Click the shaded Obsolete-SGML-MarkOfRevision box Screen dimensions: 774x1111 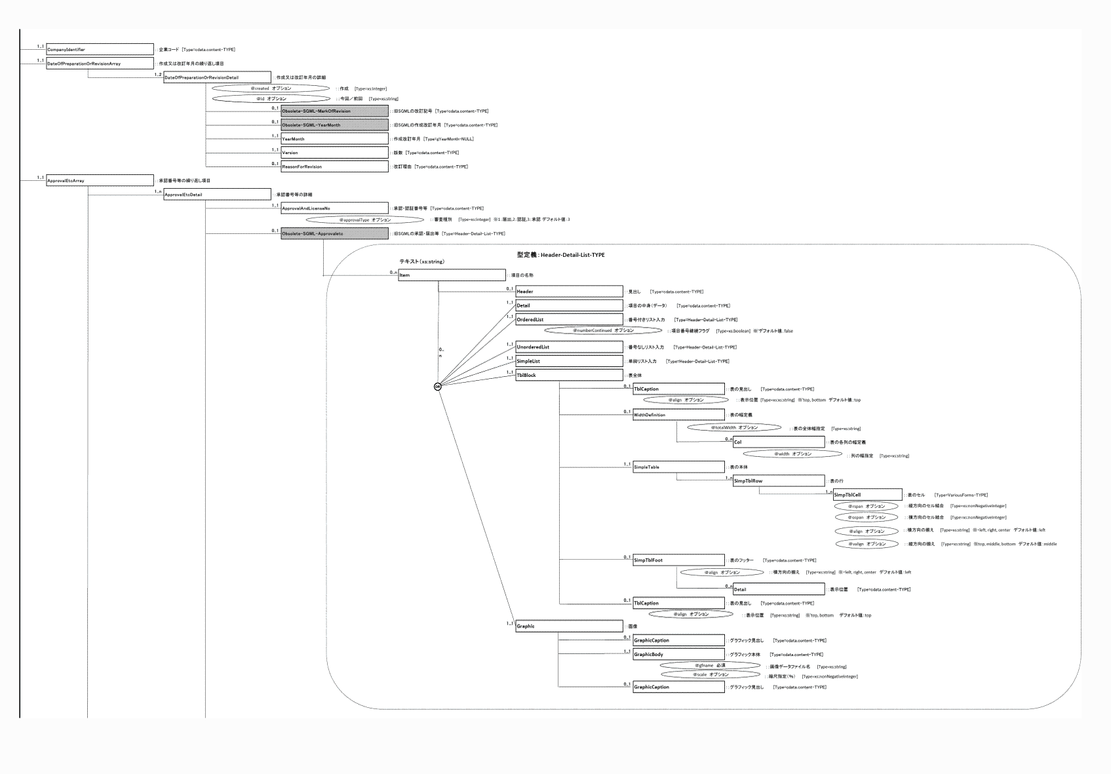point(334,111)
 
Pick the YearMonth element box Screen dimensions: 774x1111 point(334,139)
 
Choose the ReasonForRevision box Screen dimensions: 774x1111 point(334,166)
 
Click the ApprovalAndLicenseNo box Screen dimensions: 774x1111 point(334,208)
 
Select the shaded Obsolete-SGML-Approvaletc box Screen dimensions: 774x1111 point(334,233)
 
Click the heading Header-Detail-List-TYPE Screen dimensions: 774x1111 point(561,254)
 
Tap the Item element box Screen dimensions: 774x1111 point(452,275)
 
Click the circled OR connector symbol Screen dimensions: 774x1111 point(438,387)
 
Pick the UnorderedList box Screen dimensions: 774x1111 point(569,347)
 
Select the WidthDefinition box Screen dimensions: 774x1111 point(678,415)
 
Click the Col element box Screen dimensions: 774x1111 point(779,442)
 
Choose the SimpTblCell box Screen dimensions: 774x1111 point(868,495)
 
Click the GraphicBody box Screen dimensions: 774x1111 point(678,655)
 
